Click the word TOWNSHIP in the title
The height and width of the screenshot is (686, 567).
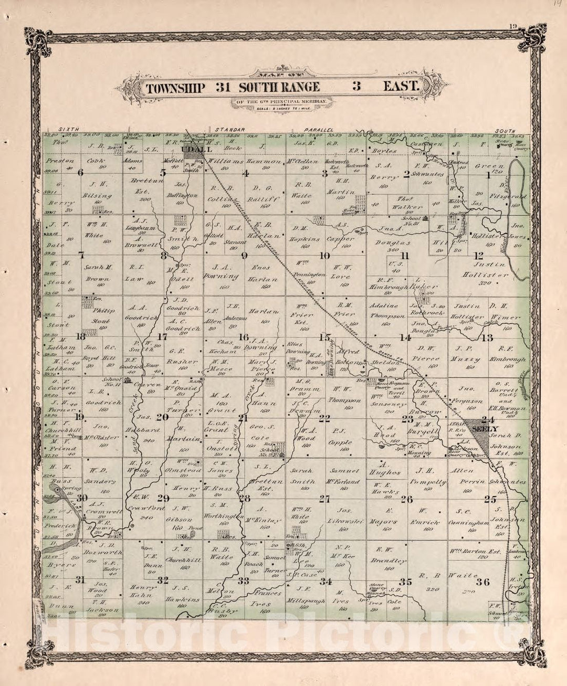175,87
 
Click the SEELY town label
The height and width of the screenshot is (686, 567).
481,429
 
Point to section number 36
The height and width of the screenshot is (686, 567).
483,582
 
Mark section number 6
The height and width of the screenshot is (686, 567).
80,173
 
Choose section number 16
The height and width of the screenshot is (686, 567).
244,337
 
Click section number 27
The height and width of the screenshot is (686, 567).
325,499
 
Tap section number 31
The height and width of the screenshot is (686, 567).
80,580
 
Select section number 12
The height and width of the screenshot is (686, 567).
478,256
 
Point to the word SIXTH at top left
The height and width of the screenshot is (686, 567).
68,129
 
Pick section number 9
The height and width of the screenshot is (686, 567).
244,256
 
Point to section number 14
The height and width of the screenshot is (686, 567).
405,337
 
